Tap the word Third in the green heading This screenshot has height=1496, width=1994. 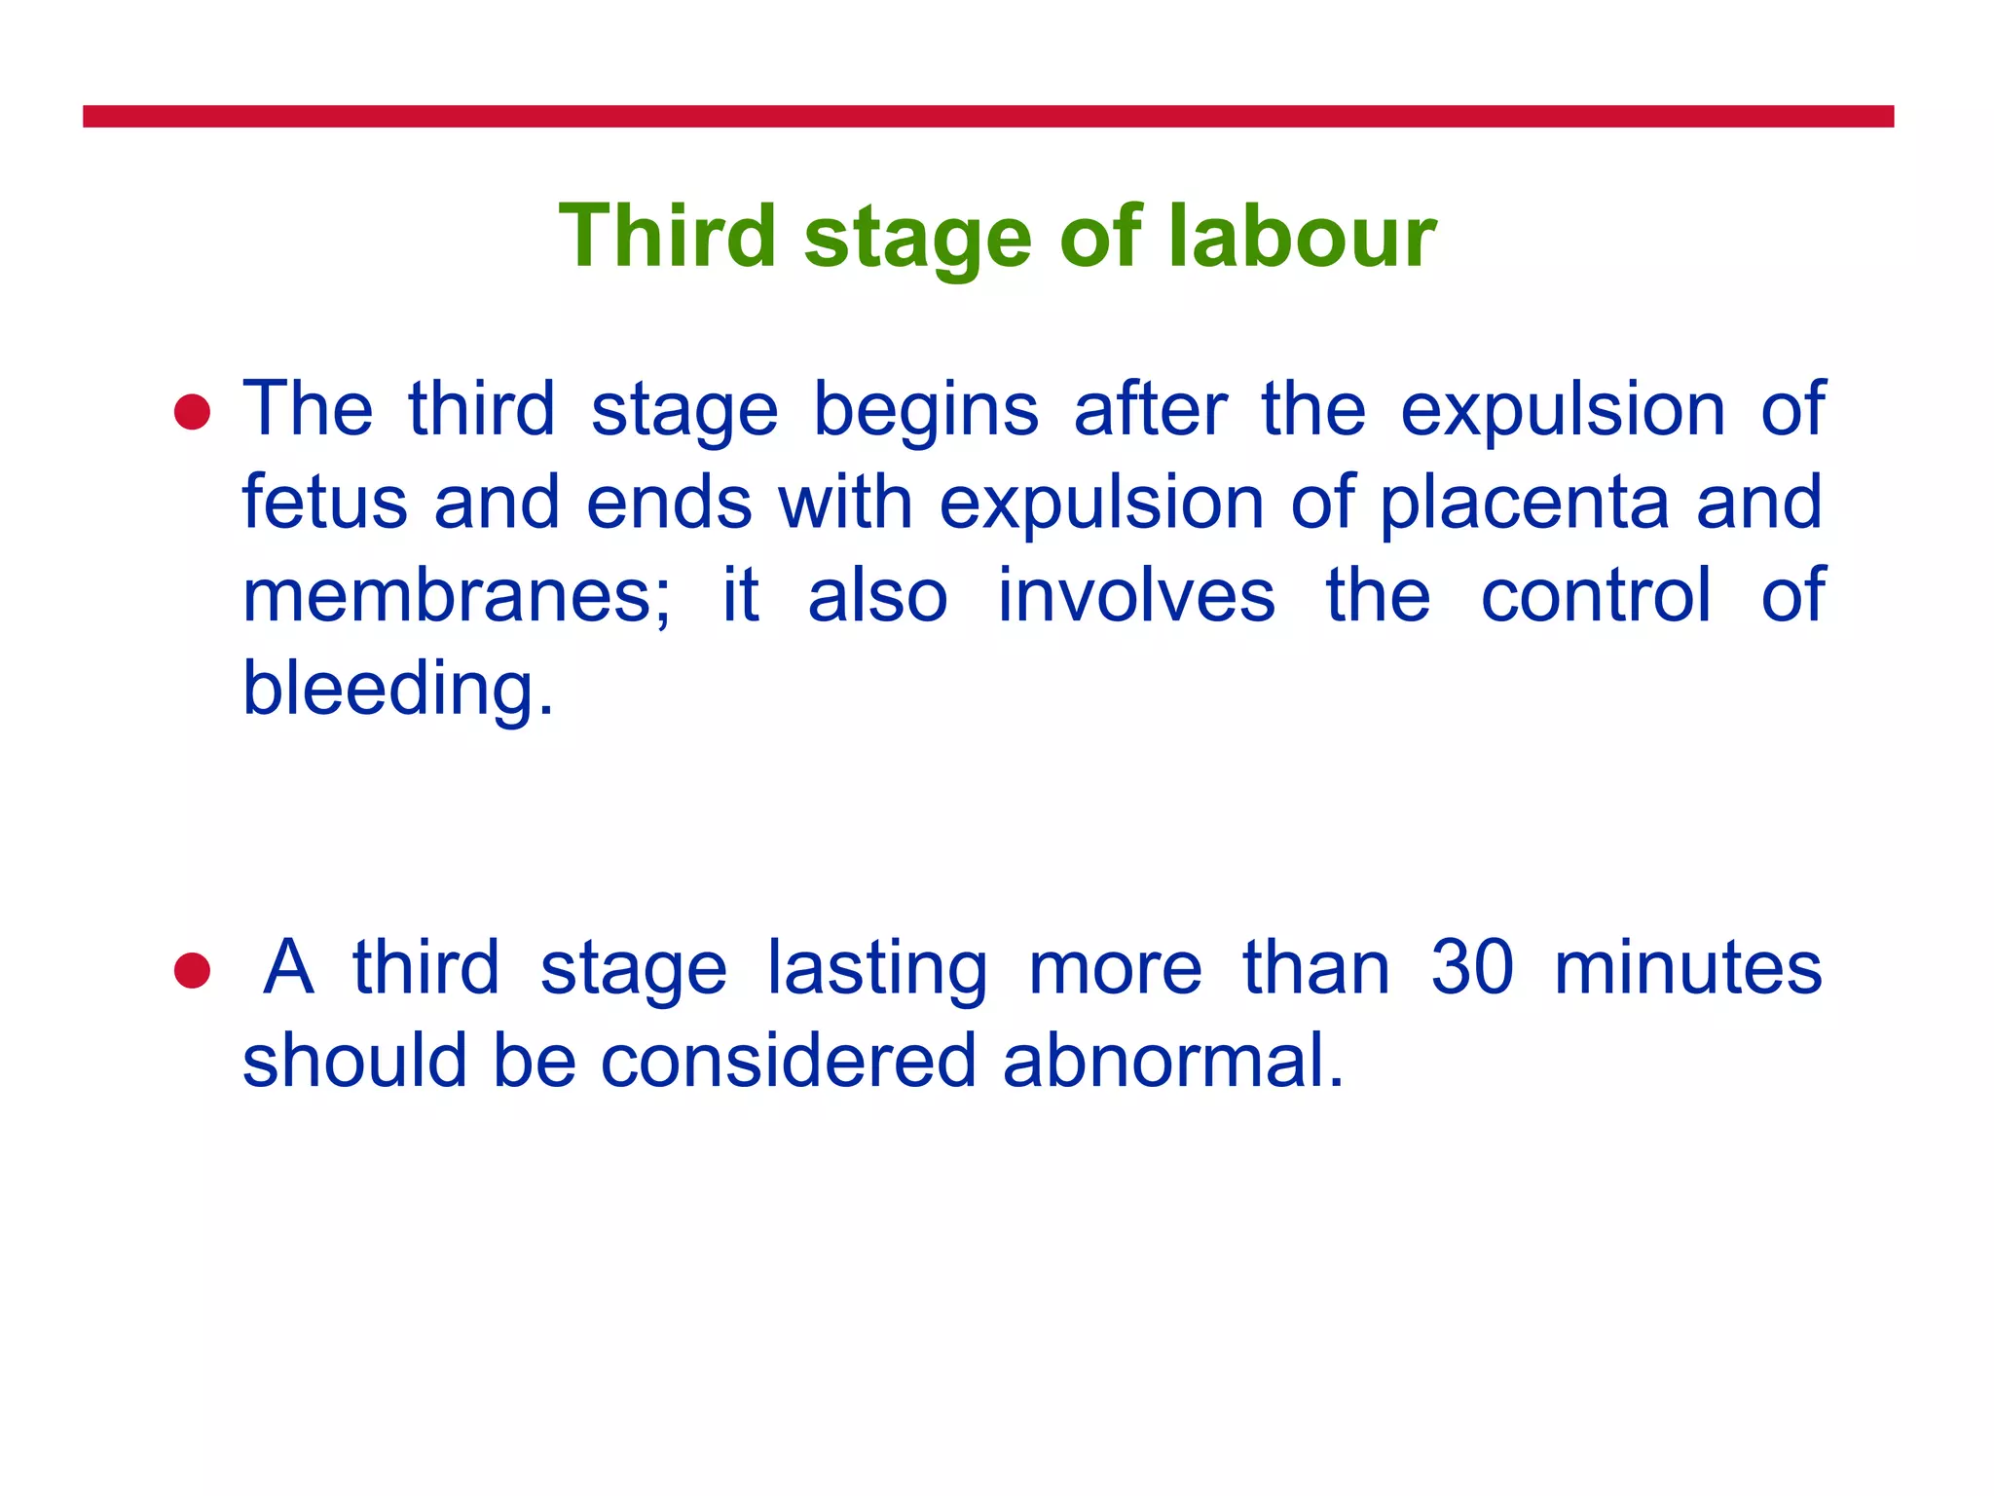667,236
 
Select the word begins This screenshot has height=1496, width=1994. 926,410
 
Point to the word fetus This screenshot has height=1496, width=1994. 324,503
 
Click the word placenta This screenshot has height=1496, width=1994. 1525,503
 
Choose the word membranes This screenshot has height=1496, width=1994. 456,596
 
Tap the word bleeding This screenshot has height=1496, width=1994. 397,689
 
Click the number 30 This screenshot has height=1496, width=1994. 1472,968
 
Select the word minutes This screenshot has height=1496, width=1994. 1688,968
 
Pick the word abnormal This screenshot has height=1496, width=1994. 1172,1061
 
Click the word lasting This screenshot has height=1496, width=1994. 876,968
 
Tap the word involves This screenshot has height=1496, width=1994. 1136,596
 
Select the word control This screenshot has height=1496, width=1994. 1596,596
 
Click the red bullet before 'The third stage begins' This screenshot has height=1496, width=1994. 193,412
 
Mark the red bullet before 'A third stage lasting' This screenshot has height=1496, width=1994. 193,970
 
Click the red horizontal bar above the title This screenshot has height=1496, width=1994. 987,117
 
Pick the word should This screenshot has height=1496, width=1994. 354,1061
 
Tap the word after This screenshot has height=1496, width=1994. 1150,410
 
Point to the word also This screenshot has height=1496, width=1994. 877,596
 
